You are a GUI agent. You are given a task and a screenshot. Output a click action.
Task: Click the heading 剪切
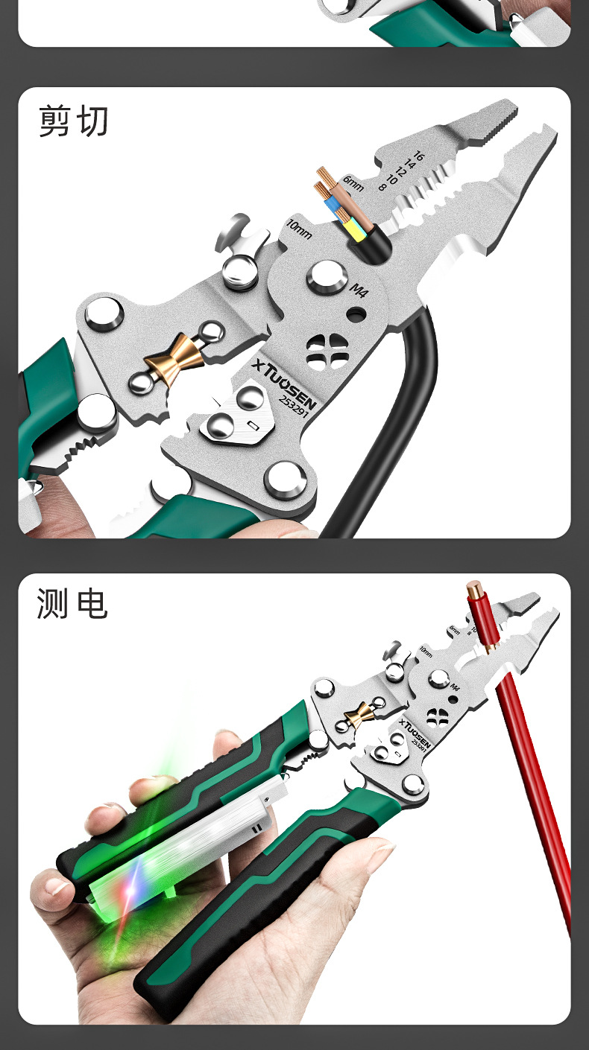click(74, 121)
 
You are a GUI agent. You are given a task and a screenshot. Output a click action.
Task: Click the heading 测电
click(72, 603)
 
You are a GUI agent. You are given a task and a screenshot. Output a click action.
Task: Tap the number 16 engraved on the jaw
click(418, 156)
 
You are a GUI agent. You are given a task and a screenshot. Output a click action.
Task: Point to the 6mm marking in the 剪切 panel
click(353, 183)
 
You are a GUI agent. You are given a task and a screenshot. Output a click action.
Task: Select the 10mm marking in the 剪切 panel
click(300, 229)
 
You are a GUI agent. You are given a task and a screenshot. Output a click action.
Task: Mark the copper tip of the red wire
click(474, 594)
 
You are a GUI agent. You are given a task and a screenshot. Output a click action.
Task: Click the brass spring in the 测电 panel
click(358, 715)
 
